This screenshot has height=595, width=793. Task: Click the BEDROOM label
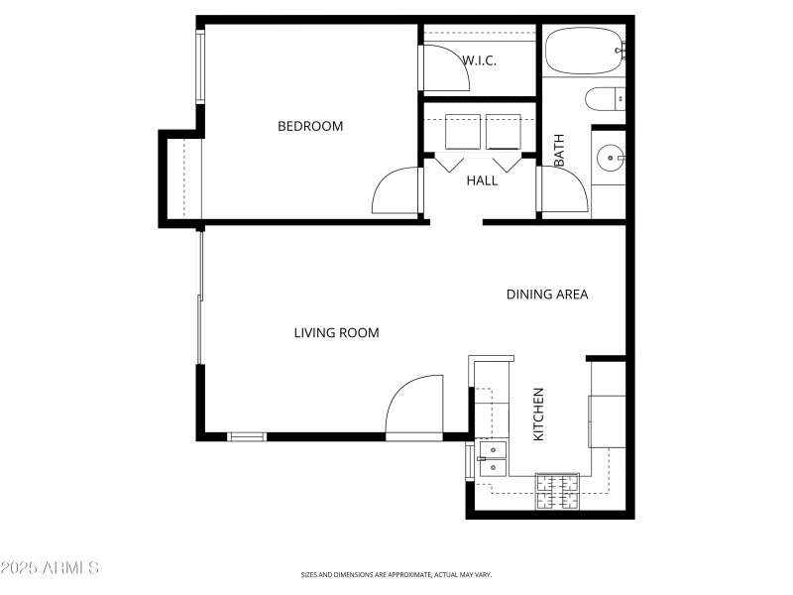click(309, 126)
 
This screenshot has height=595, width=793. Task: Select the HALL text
click(482, 180)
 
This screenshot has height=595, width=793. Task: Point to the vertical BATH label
click(559, 150)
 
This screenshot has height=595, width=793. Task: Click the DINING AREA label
click(547, 295)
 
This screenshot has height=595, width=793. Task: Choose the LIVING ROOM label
click(336, 333)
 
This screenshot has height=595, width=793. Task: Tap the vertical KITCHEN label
click(539, 415)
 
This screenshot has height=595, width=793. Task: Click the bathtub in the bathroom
click(584, 51)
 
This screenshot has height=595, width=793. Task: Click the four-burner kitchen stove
click(557, 493)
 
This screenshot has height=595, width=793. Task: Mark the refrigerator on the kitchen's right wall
click(608, 420)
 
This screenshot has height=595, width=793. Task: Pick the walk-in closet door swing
click(445, 68)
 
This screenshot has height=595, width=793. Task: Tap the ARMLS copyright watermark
click(50, 568)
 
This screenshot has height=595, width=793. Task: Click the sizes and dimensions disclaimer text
click(396, 574)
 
